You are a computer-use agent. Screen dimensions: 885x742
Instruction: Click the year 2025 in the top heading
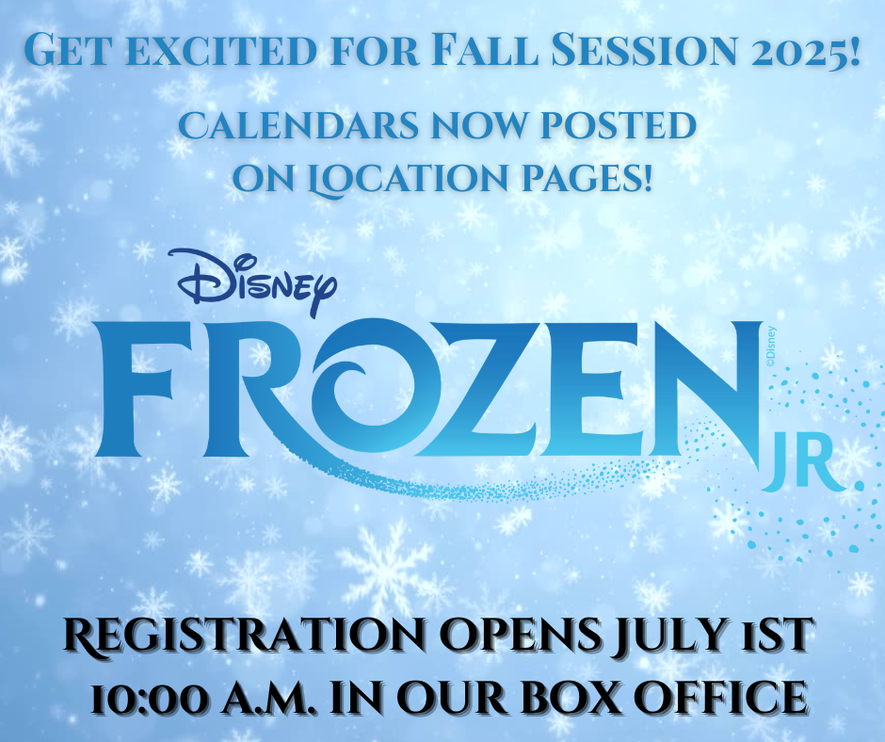(x=807, y=50)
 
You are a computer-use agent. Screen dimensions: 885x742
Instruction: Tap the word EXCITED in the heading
(x=217, y=50)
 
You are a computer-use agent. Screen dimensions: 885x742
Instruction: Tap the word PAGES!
(x=587, y=179)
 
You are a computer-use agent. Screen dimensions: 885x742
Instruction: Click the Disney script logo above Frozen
(x=257, y=281)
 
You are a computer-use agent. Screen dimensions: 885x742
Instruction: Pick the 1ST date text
(x=773, y=635)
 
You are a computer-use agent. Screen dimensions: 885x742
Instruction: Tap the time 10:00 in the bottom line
(x=149, y=698)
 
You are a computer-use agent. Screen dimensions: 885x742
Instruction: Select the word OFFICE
(x=719, y=697)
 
